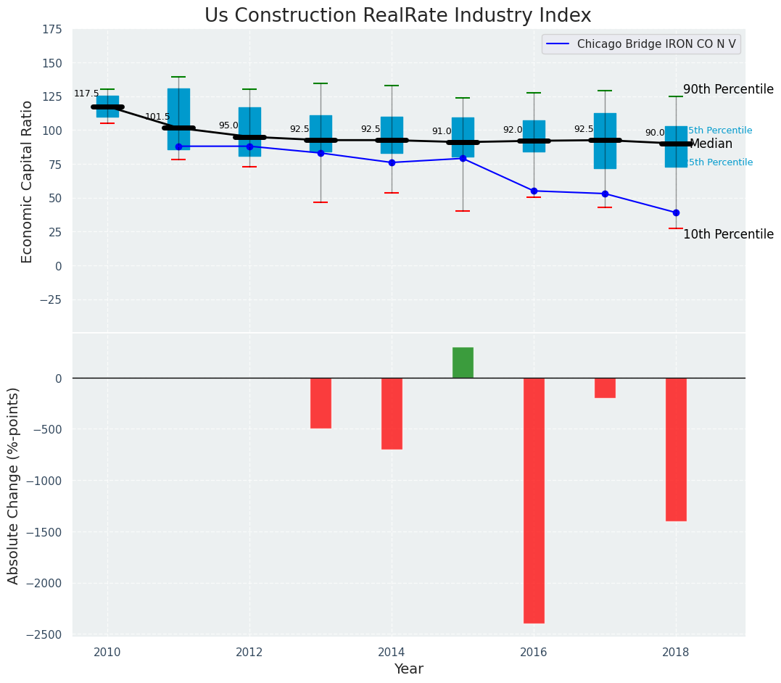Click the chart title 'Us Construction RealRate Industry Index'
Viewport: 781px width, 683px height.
coord(397,16)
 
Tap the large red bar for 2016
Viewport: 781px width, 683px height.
coord(534,500)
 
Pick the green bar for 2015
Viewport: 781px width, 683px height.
coord(463,363)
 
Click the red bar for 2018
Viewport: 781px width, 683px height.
coord(676,450)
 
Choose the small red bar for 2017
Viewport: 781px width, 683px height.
coord(605,388)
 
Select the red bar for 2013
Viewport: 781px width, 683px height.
coord(321,403)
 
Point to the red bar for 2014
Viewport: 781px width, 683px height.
coord(392,413)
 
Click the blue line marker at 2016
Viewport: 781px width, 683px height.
coord(534,191)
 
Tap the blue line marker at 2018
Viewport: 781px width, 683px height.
coord(676,212)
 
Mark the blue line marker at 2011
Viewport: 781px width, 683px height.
coord(178,146)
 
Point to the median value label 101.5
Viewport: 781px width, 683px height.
coord(157,117)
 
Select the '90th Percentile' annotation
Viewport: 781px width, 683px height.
coord(728,89)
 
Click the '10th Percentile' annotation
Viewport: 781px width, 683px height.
coord(728,234)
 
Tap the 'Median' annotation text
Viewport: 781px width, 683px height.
coord(711,144)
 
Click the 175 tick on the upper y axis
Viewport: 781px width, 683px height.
coord(52,30)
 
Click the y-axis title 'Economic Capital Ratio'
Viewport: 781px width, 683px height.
coord(28,181)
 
